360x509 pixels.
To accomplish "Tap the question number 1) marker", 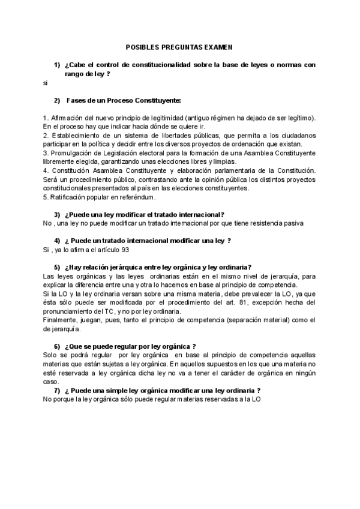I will [x=57, y=64].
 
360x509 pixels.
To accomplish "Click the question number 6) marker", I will [x=57, y=346].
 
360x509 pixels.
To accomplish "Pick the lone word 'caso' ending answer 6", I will [x=50, y=381].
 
